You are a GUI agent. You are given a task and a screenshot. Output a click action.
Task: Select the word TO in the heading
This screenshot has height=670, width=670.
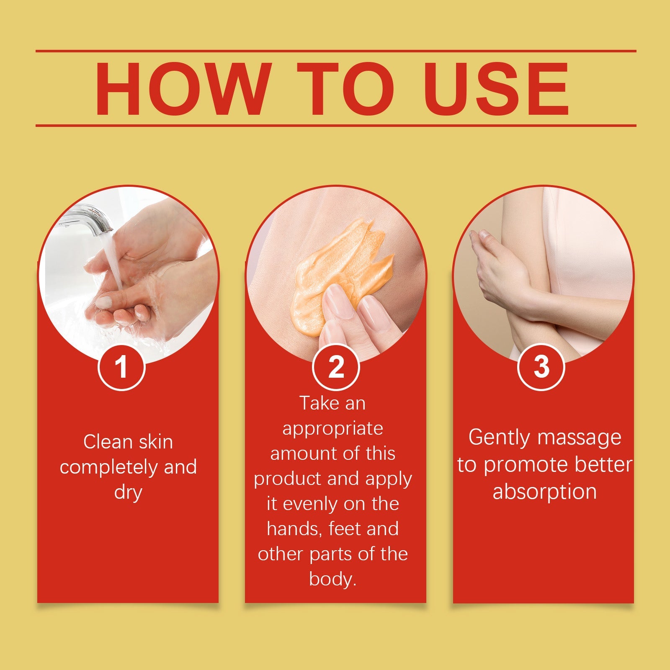coord(346,89)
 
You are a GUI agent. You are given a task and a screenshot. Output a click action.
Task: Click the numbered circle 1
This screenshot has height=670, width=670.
coord(121,367)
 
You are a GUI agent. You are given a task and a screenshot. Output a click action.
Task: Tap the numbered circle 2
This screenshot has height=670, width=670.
coord(336,367)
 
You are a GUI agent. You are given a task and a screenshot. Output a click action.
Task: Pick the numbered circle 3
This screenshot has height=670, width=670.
coord(541,367)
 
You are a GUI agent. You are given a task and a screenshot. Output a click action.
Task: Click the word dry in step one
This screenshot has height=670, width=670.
coord(128,493)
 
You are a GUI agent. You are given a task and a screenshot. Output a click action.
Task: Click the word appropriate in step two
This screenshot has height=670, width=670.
coord(332,429)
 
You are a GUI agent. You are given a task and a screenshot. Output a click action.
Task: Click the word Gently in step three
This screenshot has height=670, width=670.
coord(499,438)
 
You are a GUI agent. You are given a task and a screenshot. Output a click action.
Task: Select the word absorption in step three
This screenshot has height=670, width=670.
coord(544,492)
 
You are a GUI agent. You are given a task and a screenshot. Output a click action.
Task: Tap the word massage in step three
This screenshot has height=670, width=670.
coord(580,438)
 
